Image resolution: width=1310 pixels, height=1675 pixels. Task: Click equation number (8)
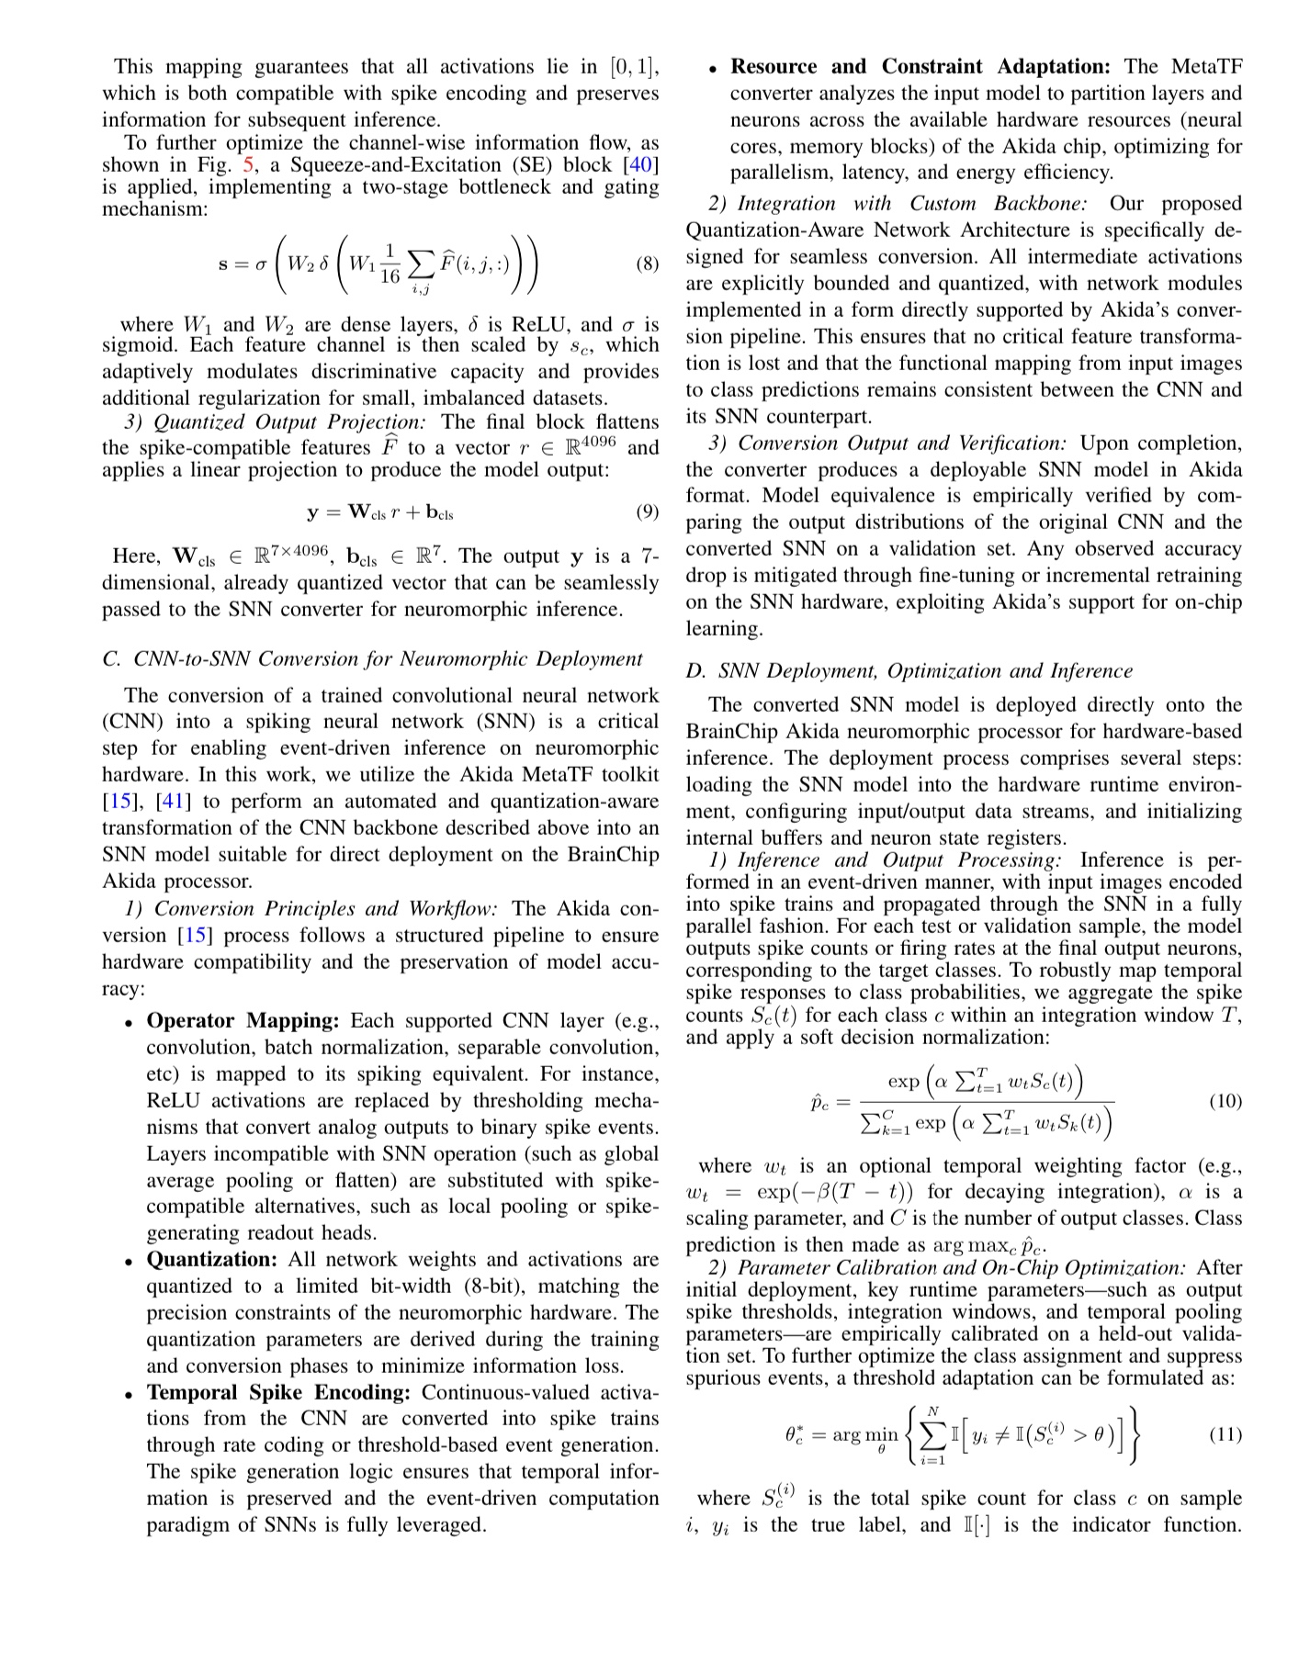click(x=647, y=264)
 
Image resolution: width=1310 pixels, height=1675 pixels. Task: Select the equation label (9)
click(x=647, y=511)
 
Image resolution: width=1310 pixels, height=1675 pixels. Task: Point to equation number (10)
click(x=1225, y=1101)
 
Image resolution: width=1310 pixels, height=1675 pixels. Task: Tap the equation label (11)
click(x=1225, y=1433)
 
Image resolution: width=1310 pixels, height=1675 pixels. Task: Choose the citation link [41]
click(x=174, y=802)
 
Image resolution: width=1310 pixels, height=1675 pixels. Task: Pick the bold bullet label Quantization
click(x=212, y=1260)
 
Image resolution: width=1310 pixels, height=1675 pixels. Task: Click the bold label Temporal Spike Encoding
click(x=278, y=1393)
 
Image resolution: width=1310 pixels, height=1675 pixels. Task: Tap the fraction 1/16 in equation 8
click(x=390, y=264)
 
